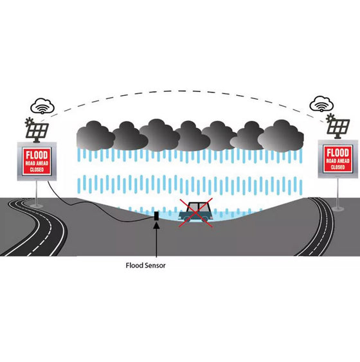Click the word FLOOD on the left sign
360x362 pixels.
click(37, 155)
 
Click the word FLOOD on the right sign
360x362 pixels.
click(337, 152)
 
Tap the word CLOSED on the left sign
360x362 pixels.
click(37, 170)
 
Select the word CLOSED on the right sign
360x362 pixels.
click(337, 167)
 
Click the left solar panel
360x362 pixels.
click(37, 131)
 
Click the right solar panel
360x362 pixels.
click(339, 127)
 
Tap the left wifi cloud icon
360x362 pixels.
click(42, 106)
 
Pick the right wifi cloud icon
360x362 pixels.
click(321, 104)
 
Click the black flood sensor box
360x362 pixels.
click(156, 215)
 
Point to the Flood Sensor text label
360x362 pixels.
click(146, 266)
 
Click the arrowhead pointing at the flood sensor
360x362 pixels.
click(156, 225)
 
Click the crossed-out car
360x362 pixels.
click(195, 212)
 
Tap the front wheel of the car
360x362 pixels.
click(204, 219)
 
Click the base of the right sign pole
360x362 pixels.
click(338, 208)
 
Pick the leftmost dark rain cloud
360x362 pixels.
click(96, 136)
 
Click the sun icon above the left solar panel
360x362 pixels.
click(30, 122)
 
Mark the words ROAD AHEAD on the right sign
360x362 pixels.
click(337, 161)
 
